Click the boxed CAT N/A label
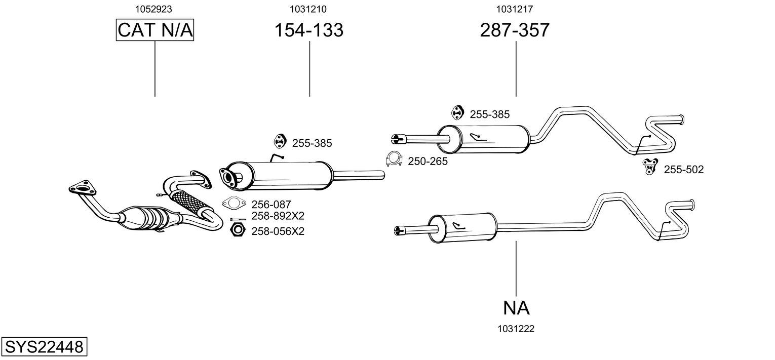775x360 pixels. [x=155, y=30]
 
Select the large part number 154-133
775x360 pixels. [x=309, y=30]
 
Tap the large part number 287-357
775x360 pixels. [x=515, y=30]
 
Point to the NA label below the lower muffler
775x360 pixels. [x=516, y=307]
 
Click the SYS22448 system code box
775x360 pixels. [x=44, y=347]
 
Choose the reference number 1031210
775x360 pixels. [x=308, y=9]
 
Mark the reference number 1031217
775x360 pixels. [x=515, y=9]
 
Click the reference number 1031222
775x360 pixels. [x=516, y=329]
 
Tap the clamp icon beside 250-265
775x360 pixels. [x=394, y=159]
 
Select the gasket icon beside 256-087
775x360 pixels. [x=233, y=204]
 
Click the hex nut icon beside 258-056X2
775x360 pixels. [x=237, y=230]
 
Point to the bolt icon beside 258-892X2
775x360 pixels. [x=238, y=219]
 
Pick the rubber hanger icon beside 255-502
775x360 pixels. [x=649, y=167]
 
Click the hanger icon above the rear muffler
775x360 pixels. [x=457, y=112]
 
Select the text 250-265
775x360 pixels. [x=428, y=162]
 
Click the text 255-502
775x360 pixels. [x=683, y=170]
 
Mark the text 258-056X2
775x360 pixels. [x=278, y=231]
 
